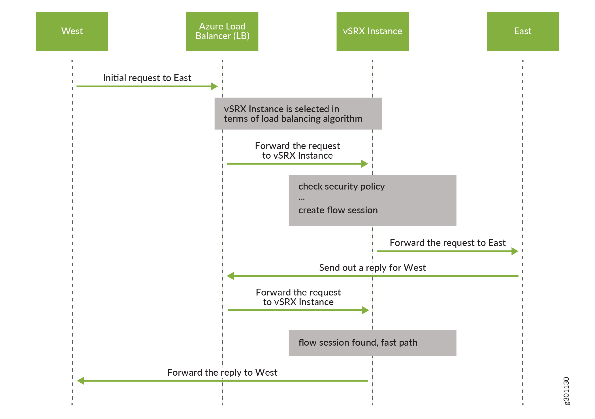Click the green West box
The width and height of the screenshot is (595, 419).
click(x=72, y=31)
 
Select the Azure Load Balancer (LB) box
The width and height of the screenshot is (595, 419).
click(x=222, y=31)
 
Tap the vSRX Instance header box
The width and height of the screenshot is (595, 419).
click(x=372, y=31)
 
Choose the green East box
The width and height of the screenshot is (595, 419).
click(x=523, y=31)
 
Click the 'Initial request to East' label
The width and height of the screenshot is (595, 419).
click(x=147, y=78)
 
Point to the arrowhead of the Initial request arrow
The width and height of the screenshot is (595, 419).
click(x=215, y=86)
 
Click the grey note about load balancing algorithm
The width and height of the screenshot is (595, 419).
click(x=298, y=114)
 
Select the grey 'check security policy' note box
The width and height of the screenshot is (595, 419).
click(x=372, y=200)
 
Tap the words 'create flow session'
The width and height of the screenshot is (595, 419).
click(x=338, y=210)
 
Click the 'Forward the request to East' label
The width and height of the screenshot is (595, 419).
click(x=447, y=243)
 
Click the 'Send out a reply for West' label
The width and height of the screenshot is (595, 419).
click(x=372, y=268)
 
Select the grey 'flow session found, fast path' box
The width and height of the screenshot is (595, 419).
click(x=372, y=343)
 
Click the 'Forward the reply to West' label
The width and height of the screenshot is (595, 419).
click(x=222, y=373)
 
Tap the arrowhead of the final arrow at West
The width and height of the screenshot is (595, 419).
click(x=81, y=381)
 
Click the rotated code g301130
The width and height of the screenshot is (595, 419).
click(x=566, y=391)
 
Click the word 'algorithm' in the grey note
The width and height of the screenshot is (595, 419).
click(x=342, y=119)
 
